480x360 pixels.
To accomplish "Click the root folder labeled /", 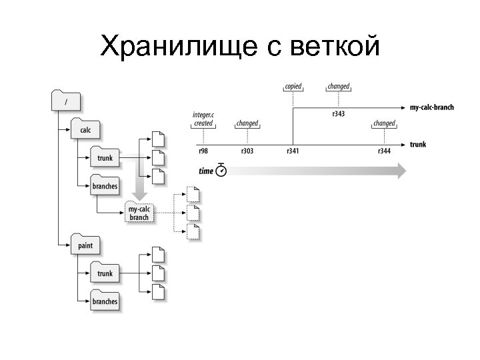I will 66,101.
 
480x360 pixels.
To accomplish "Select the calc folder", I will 85,129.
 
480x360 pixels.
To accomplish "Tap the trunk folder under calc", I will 105,158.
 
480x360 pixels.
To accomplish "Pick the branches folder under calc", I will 105,186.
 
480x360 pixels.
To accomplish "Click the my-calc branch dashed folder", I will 139,213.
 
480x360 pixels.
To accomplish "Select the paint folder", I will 85,245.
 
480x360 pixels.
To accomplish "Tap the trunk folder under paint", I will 105,273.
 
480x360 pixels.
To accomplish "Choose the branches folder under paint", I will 105,301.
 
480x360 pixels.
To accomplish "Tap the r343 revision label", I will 338,114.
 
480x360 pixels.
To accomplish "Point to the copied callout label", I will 293,87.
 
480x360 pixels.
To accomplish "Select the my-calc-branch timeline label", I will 432,107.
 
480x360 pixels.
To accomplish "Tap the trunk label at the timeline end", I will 418,144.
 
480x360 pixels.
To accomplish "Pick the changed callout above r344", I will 384,123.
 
